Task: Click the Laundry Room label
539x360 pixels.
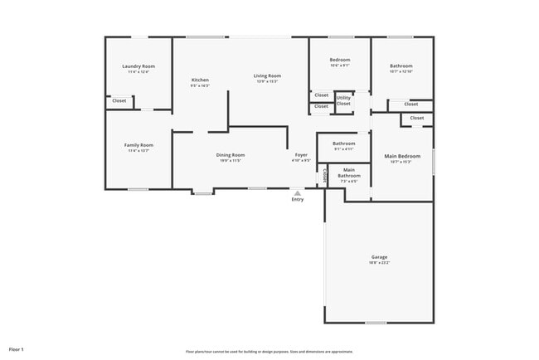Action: click(138, 66)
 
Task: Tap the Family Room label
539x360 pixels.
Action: click(138, 145)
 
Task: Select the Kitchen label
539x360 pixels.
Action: click(200, 80)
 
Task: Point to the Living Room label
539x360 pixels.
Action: click(267, 75)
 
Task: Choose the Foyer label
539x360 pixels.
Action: click(301, 155)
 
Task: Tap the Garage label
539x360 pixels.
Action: click(379, 257)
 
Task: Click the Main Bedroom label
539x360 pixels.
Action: click(401, 156)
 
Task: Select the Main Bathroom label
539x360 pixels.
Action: click(349, 173)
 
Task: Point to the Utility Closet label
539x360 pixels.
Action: click(343, 100)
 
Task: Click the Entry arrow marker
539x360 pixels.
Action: click(298, 192)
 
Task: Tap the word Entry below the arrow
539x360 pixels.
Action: click(298, 199)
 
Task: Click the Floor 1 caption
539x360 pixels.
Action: click(17, 349)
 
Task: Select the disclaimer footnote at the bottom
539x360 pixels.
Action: click(269, 351)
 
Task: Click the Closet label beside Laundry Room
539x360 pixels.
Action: click(119, 100)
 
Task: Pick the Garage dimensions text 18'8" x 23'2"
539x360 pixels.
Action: click(379, 263)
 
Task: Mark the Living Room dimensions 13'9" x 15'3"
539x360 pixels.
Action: click(267, 81)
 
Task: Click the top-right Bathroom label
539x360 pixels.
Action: click(401, 66)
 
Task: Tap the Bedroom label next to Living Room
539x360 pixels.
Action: click(340, 60)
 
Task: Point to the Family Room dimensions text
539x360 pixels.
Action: click(138, 151)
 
